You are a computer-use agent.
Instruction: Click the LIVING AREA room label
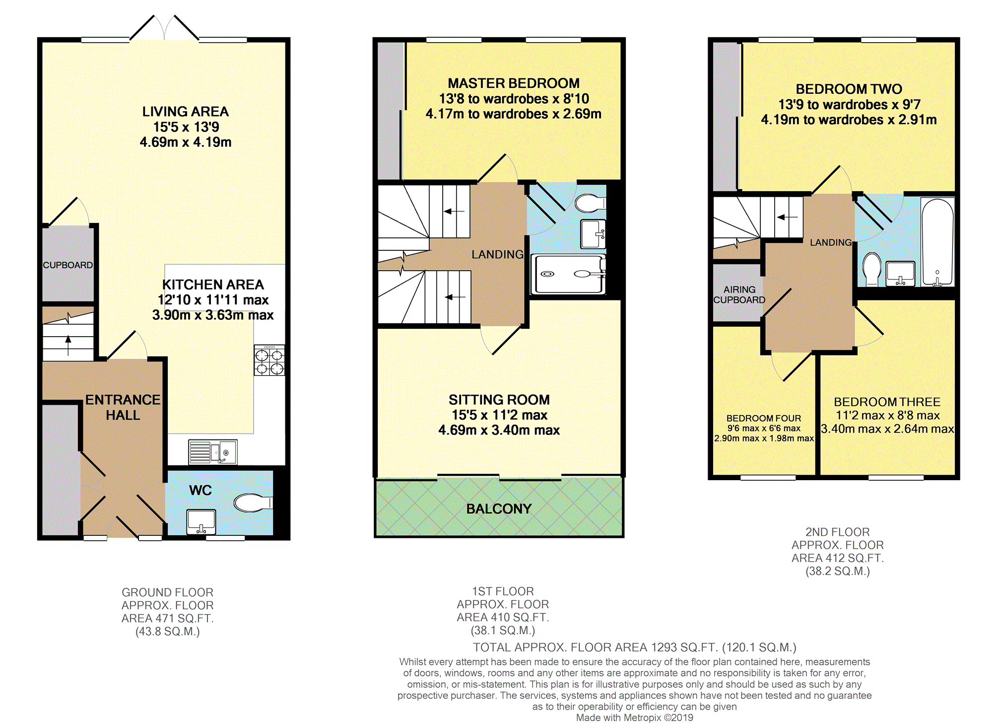click(x=186, y=112)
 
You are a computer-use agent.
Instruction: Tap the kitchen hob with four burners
click(x=269, y=360)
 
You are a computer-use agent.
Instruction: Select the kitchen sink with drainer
click(x=213, y=452)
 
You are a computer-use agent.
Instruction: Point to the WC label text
click(x=201, y=490)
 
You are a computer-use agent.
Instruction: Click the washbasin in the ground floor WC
click(x=201, y=522)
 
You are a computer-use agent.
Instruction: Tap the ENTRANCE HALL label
click(x=123, y=407)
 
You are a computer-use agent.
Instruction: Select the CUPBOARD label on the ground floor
click(x=68, y=265)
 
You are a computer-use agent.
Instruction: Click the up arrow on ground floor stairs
click(x=68, y=346)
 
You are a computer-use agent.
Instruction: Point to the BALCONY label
click(x=499, y=509)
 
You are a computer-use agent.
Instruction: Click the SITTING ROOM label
click(x=499, y=400)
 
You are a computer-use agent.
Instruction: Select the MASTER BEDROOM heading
click(x=514, y=83)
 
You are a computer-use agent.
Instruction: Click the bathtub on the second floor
click(x=938, y=242)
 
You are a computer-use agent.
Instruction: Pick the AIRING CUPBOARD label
click(x=739, y=294)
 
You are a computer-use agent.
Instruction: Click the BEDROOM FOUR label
click(x=764, y=418)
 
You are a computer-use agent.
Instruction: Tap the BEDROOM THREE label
click(x=887, y=402)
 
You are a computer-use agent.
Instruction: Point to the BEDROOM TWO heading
click(x=849, y=89)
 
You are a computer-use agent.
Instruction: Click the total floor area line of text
click(x=635, y=648)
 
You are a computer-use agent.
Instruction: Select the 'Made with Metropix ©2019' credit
click(x=635, y=718)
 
